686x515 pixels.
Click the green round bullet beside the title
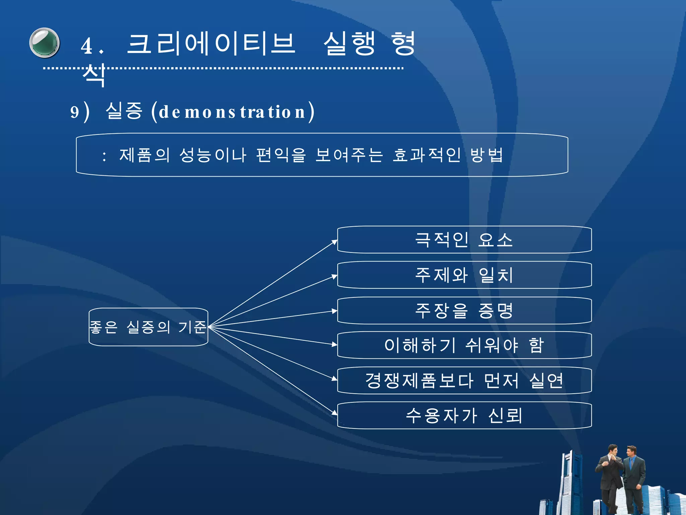coord(45,43)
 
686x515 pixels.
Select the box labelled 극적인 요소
coord(464,240)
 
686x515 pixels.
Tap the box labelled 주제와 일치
coord(464,275)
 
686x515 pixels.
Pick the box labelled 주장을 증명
coord(464,311)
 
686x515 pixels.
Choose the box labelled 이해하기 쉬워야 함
coord(464,345)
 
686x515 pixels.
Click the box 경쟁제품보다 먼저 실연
coord(464,381)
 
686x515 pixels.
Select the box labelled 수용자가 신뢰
coord(464,416)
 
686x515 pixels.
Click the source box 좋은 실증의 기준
coord(148,327)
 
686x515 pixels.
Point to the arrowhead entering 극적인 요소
coord(335,242)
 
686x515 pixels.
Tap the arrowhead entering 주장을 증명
coord(335,311)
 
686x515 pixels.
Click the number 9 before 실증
coord(75,112)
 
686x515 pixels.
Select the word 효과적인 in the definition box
coord(426,155)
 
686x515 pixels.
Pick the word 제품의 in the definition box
coord(145,155)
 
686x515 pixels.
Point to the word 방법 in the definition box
coord(487,155)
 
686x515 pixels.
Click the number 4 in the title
coord(87,46)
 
